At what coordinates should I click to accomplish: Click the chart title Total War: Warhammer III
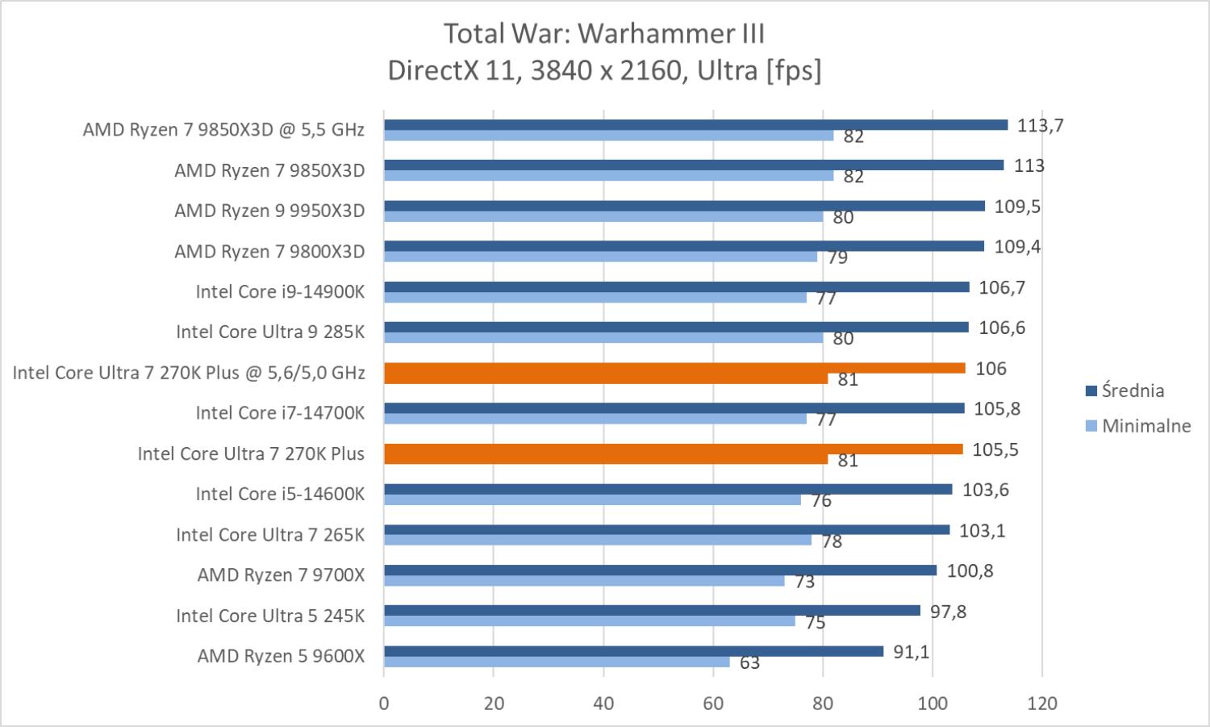point(604,34)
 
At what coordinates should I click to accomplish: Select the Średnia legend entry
point(1133,391)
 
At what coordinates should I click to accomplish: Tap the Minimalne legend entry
point(1145,426)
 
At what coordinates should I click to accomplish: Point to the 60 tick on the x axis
point(713,703)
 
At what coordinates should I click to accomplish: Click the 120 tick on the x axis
point(1042,703)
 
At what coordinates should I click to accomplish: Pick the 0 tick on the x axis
point(384,703)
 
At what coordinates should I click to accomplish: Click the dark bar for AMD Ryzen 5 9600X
point(633,651)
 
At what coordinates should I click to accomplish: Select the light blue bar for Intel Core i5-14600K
point(592,499)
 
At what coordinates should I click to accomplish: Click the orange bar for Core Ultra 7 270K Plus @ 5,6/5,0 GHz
point(674,368)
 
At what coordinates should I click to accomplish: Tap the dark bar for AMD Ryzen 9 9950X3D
point(684,206)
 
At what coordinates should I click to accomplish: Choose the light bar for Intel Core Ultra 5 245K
point(589,621)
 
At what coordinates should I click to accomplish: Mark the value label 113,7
point(1041,125)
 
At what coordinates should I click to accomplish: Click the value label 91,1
point(911,651)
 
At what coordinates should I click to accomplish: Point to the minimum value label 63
point(749,663)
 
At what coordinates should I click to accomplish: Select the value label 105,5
point(995,449)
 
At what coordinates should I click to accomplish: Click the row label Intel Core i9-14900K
point(280,291)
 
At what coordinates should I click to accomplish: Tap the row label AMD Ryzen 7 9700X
point(281,574)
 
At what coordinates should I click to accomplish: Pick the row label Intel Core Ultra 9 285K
point(270,332)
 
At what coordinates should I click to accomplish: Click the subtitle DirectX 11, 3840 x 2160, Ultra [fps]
point(604,71)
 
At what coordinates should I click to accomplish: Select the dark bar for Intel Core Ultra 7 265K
point(666,530)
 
